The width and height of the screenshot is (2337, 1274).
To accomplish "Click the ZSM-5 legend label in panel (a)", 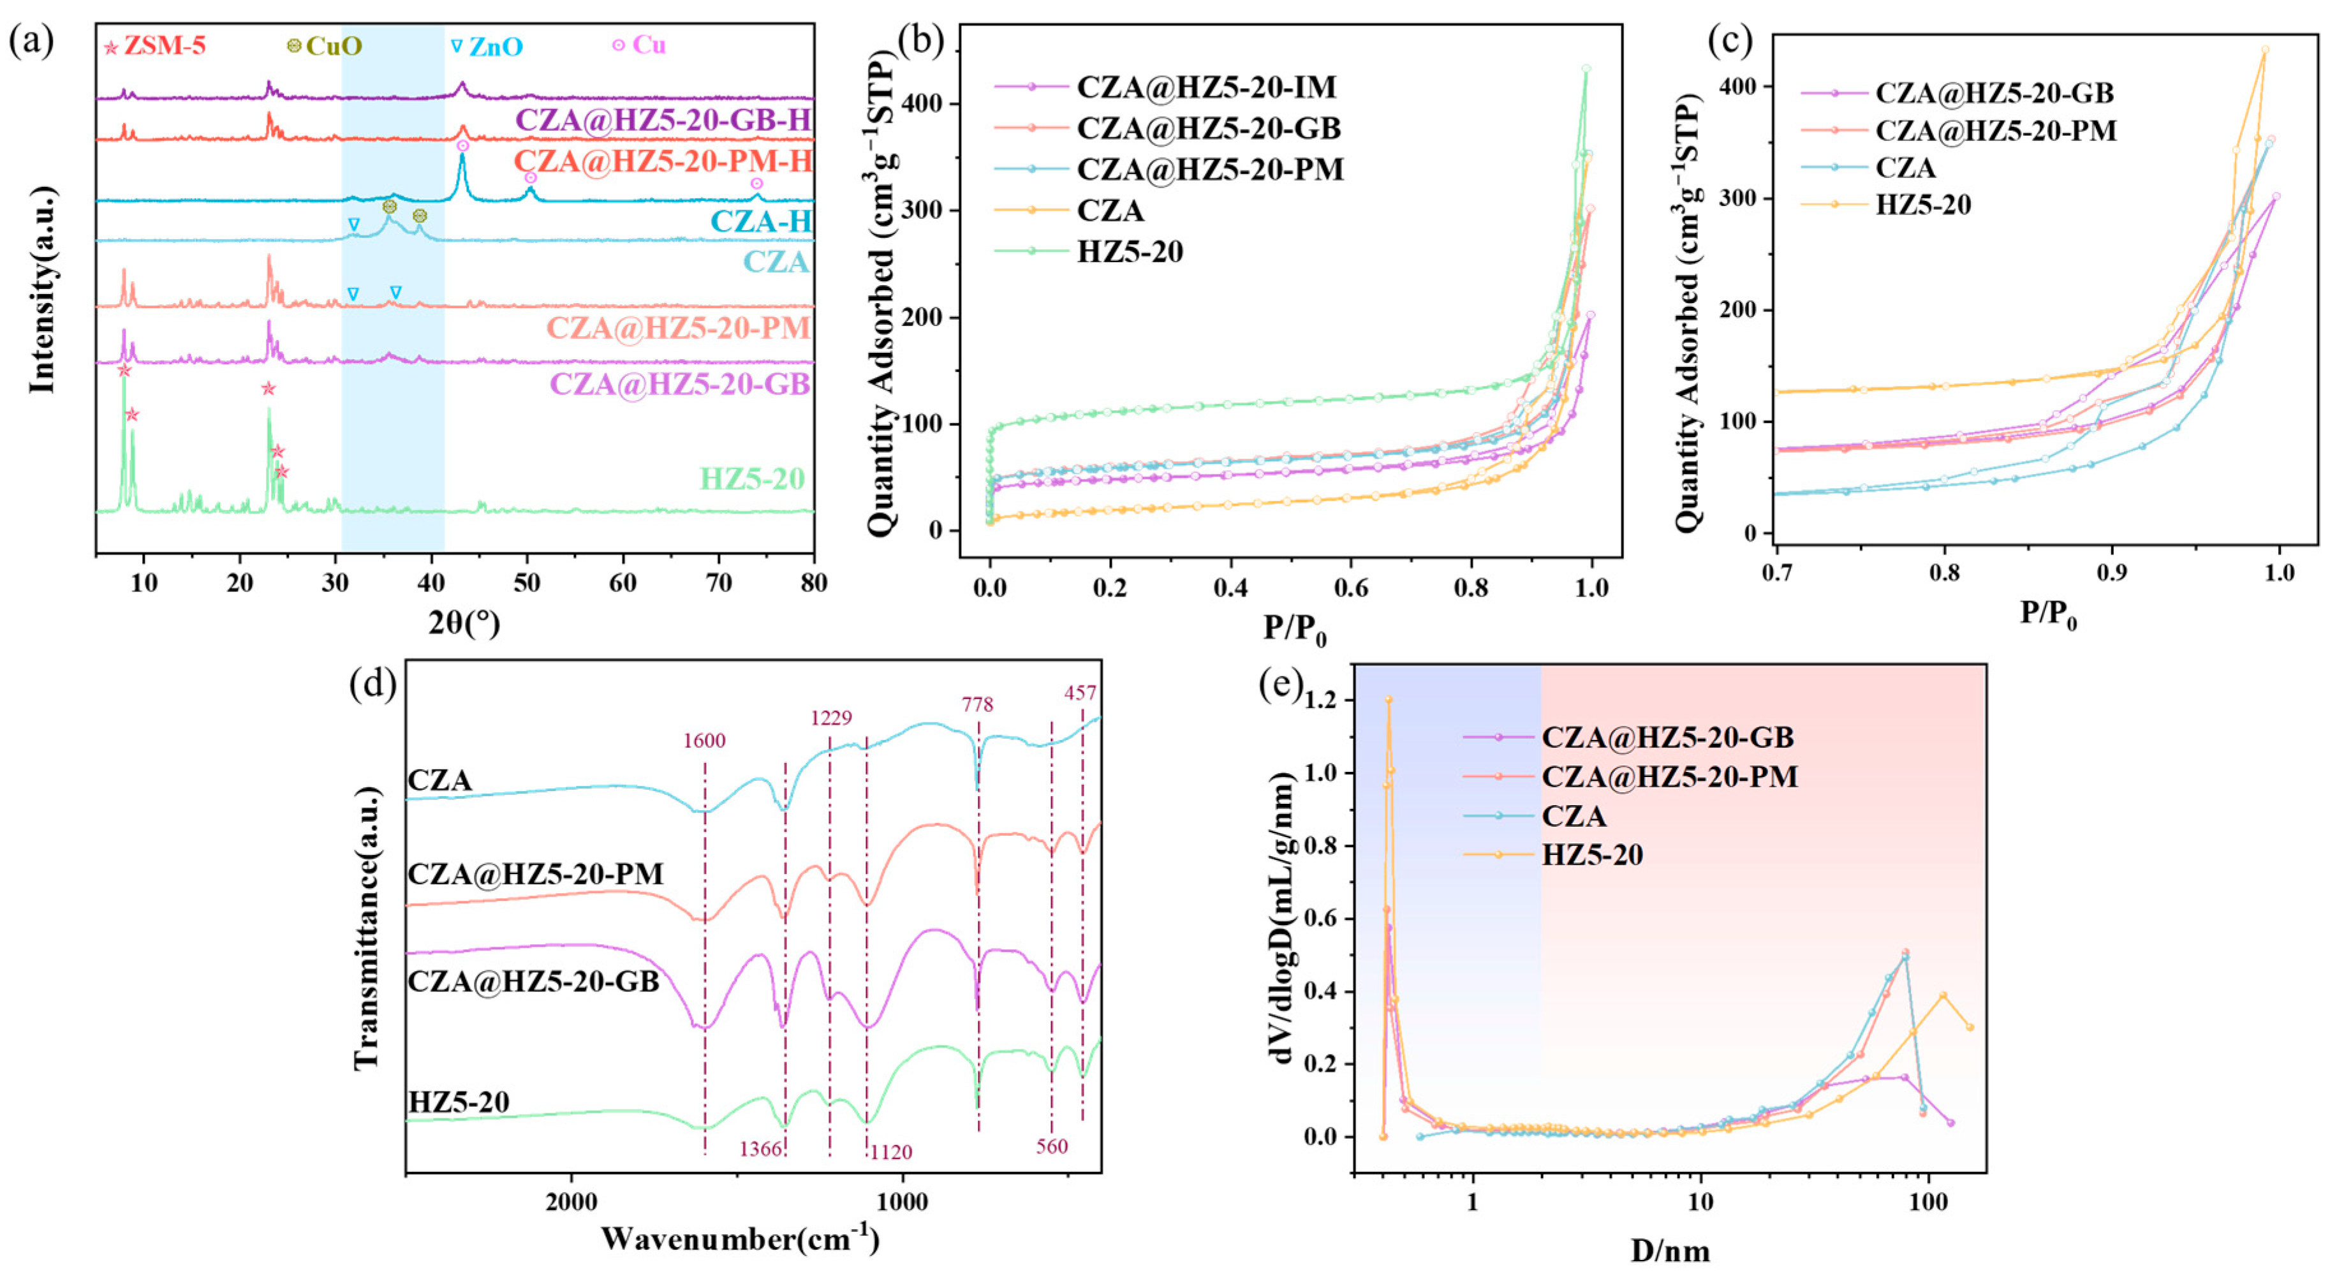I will click(x=164, y=45).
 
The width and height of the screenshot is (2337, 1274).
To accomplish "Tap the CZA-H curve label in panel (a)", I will click(x=760, y=221).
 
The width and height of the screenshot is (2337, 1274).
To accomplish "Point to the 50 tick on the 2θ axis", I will click(x=527, y=582).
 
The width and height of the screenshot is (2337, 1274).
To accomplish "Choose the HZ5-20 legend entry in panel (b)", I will click(x=1130, y=251).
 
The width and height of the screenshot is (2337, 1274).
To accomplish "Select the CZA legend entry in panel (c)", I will click(x=1905, y=168).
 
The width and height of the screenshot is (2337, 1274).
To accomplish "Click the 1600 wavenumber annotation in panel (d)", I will click(x=704, y=741).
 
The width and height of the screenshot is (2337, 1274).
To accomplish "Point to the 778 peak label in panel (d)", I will click(x=978, y=704).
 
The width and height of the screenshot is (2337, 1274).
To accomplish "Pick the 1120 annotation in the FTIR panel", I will click(x=891, y=1152).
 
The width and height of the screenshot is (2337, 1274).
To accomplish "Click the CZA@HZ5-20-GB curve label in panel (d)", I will click(x=533, y=982).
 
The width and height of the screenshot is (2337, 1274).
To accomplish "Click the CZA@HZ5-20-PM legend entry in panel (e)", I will click(x=1669, y=777).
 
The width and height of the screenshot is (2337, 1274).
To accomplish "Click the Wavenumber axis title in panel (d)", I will click(x=739, y=1239).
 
